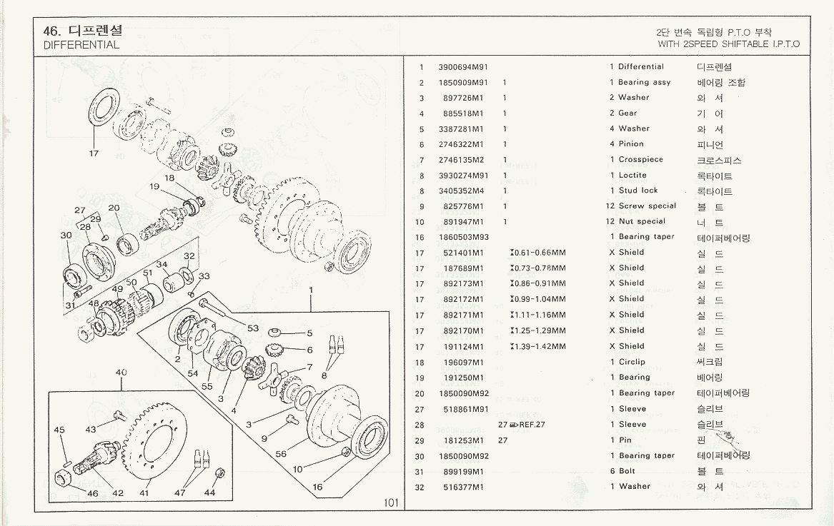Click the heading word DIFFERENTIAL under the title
coord(81,44)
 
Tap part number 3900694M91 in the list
coord(462,67)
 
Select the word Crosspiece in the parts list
coord(641,160)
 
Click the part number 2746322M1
coord(461,144)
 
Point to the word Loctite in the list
coord(632,176)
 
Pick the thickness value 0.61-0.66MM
coord(540,253)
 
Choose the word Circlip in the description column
coord(632,362)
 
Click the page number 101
coord(390,503)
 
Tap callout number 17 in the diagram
coord(93,153)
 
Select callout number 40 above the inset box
coord(121,372)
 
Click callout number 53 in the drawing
coord(252,328)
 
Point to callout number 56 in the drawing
coord(280,454)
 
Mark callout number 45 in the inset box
coord(59,430)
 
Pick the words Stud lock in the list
coord(638,191)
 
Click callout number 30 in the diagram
coord(66,236)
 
